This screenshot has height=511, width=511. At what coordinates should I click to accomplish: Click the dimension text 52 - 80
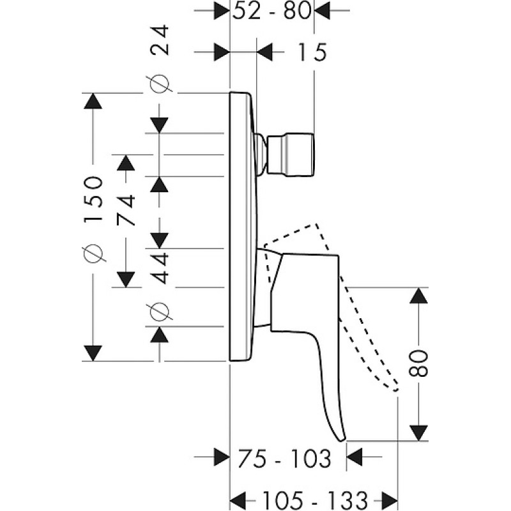(x=271, y=11)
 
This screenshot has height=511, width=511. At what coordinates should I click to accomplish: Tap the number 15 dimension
(x=312, y=52)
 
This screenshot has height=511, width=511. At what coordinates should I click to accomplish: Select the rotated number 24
(x=160, y=40)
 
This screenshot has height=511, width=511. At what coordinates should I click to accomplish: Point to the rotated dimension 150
(x=93, y=199)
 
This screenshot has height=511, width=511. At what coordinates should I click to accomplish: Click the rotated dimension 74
(x=126, y=210)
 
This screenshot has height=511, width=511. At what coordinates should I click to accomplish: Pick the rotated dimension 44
(x=160, y=268)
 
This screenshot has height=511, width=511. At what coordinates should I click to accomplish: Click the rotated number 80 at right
(x=418, y=363)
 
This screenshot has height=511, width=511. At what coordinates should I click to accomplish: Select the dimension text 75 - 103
(x=284, y=458)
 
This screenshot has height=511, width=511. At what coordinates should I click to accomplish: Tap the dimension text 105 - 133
(x=315, y=500)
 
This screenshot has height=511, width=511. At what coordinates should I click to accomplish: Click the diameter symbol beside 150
(x=93, y=252)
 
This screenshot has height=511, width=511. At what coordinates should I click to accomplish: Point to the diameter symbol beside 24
(x=160, y=84)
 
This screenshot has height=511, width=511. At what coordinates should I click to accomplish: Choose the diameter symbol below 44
(x=160, y=311)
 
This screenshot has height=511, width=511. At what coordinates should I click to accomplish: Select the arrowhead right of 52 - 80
(x=322, y=11)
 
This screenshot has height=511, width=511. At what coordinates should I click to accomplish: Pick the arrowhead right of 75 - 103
(x=355, y=457)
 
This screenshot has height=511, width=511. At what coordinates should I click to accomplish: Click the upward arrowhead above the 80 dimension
(x=418, y=296)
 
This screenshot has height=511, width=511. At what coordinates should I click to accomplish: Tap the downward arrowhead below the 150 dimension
(x=93, y=353)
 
